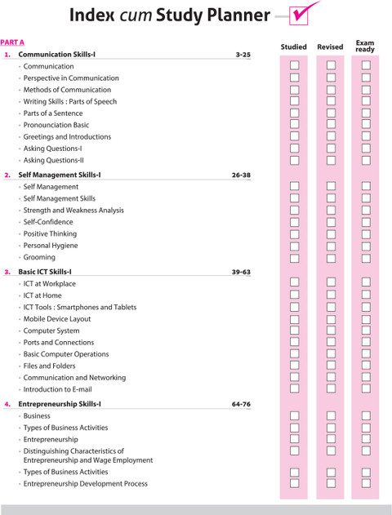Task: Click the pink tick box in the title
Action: (x=299, y=16)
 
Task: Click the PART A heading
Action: (x=12, y=42)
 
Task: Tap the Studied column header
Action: (x=293, y=47)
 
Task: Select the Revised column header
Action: (x=330, y=47)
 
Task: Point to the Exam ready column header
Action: (x=365, y=47)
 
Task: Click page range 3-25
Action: (x=243, y=55)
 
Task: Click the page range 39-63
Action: (x=241, y=272)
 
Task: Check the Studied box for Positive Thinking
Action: (x=295, y=234)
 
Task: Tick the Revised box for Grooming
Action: (x=331, y=258)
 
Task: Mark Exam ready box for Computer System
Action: (x=366, y=331)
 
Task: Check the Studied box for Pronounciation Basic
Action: (x=295, y=125)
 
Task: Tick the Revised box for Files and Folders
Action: (x=331, y=365)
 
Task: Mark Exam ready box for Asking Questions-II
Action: (x=366, y=160)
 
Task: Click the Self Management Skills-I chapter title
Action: (x=60, y=175)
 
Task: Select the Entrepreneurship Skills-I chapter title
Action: (x=60, y=404)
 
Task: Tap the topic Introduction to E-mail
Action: (x=57, y=389)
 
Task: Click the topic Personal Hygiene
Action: (x=51, y=246)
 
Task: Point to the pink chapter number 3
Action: (x=7, y=272)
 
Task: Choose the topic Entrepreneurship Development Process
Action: (x=86, y=484)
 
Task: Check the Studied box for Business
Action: (x=295, y=415)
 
